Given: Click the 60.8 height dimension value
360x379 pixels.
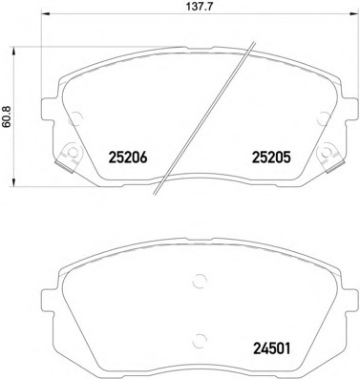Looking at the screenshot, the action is [7, 116].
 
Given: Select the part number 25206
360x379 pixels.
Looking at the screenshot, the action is [128, 158].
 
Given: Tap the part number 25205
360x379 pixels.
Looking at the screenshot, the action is [271, 158].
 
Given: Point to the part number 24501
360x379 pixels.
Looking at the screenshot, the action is [271, 348].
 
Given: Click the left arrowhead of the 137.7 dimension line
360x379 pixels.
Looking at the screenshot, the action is [46, 14].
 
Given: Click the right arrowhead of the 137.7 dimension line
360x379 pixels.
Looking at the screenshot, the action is [354, 14].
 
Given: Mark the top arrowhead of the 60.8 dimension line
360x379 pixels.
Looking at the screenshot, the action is [13, 51].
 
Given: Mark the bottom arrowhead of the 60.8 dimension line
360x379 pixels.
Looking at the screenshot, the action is [13, 182].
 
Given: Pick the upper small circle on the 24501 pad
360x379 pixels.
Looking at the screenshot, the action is [200, 281].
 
